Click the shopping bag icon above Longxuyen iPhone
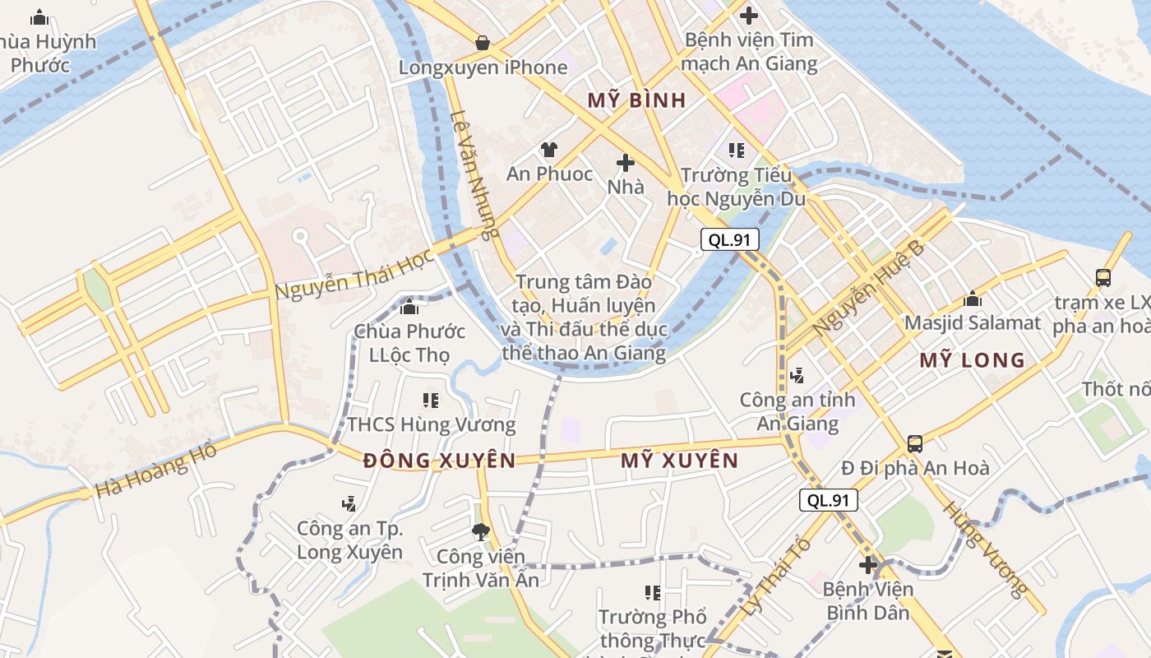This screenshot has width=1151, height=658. [483, 42]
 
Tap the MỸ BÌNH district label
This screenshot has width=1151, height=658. [636, 100]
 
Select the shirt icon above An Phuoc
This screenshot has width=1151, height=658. [548, 149]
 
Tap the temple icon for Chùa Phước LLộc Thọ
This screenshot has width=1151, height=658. [409, 308]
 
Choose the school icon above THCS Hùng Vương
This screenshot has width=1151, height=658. [430, 401]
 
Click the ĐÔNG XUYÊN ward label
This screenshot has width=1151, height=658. [439, 461]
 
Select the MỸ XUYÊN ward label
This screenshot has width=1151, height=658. [679, 461]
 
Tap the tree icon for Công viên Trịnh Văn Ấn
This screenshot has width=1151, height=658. [480, 532]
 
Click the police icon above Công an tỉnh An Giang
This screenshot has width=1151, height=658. [796, 376]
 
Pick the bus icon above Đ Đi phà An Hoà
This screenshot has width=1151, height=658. [914, 444]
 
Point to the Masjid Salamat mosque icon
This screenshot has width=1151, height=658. [973, 299]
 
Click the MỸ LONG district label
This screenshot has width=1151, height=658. [972, 360]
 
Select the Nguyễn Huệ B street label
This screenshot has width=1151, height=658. [867, 288]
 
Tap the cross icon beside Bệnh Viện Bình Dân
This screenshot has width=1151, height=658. [868, 565]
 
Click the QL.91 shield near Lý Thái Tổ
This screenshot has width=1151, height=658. [828, 500]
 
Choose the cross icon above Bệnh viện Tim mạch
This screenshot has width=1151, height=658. [748, 15]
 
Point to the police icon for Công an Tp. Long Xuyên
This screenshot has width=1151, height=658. [349, 503]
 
